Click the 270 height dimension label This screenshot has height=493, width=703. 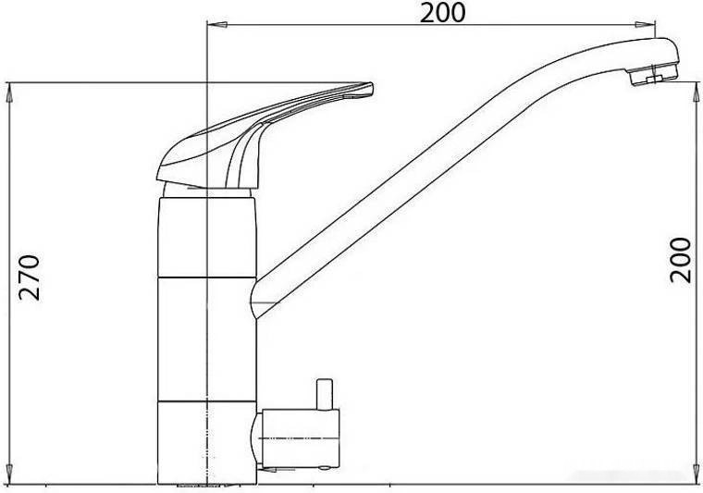(30, 277)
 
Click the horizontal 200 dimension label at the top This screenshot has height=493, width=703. (442, 13)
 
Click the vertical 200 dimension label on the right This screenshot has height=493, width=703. (680, 261)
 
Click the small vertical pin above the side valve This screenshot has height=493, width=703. (324, 394)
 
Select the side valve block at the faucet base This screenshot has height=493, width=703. (300, 438)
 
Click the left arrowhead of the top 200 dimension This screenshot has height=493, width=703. (217, 24)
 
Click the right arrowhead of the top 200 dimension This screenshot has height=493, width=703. (645, 24)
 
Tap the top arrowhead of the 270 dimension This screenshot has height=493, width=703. (9, 92)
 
